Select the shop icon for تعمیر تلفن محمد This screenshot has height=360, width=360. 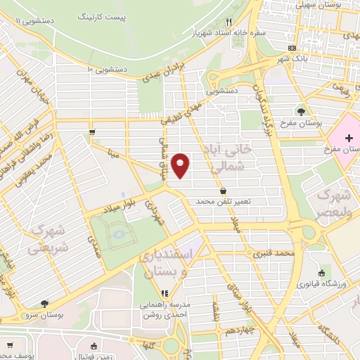224,190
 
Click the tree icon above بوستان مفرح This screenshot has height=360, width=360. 301,110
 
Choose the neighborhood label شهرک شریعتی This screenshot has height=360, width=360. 49,239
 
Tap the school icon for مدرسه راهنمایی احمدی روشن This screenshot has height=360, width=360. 165,293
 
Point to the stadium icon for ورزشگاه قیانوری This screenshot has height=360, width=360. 321,273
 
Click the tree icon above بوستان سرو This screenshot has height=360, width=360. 45,304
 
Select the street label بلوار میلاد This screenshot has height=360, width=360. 107,205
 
